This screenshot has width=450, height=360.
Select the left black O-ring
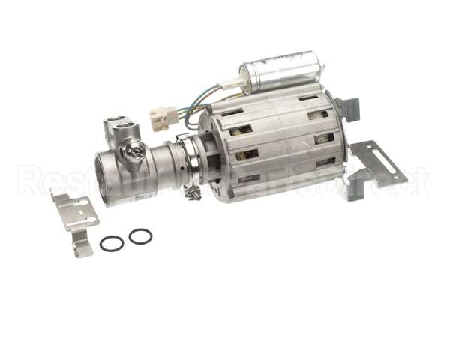click(112, 243)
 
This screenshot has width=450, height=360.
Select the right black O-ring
click(140, 236)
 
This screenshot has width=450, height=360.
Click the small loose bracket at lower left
click(76, 217)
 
